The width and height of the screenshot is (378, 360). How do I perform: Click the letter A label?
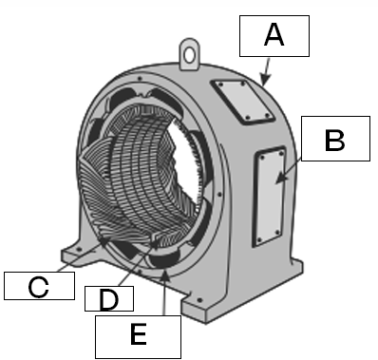click(274, 37)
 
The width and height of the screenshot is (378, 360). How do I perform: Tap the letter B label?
click(333, 141)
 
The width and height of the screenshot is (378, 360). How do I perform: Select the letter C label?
click(38, 285)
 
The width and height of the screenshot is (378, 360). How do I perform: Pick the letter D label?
click(108, 299)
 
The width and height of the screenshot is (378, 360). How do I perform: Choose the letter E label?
click(138, 333)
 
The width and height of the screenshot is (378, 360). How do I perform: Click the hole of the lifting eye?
click(194, 45)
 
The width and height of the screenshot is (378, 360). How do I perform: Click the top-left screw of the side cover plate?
click(259, 159)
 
